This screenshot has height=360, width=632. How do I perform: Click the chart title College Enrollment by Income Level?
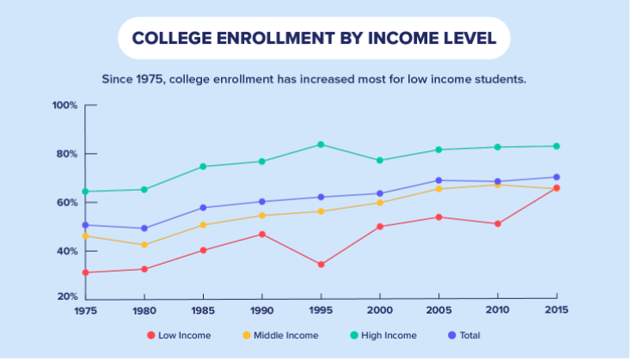point(314,39)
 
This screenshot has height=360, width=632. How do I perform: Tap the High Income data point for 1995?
point(321,144)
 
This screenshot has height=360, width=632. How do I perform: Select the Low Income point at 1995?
point(321,265)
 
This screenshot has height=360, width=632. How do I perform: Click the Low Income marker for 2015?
point(556,187)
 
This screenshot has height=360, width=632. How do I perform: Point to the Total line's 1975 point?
point(85,225)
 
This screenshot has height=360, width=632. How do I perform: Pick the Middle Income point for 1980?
point(144,245)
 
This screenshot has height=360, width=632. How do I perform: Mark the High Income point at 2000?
point(379,161)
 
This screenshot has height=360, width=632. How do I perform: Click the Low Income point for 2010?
point(497,223)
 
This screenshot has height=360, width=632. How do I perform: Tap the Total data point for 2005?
point(439,180)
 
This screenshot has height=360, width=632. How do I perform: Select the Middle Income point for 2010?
point(497,185)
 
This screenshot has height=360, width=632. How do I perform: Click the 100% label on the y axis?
point(64,106)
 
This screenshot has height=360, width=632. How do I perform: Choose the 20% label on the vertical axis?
point(67,297)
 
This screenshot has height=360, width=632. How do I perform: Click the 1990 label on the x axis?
point(261,311)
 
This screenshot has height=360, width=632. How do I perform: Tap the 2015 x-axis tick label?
point(556,311)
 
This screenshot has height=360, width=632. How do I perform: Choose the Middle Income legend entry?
point(280,335)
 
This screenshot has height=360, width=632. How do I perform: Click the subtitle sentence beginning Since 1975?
point(314,79)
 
